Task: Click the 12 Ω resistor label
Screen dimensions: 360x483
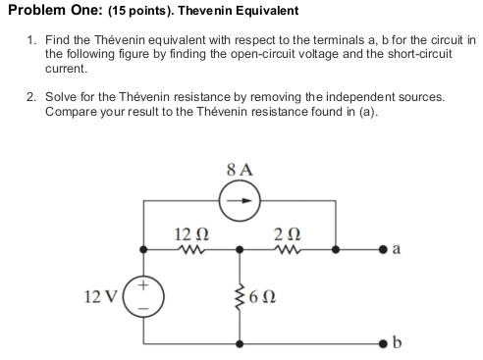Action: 188,232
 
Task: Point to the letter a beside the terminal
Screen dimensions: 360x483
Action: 395,250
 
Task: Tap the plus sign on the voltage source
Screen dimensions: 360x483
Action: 145,283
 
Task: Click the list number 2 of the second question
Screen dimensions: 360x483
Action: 31,99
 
